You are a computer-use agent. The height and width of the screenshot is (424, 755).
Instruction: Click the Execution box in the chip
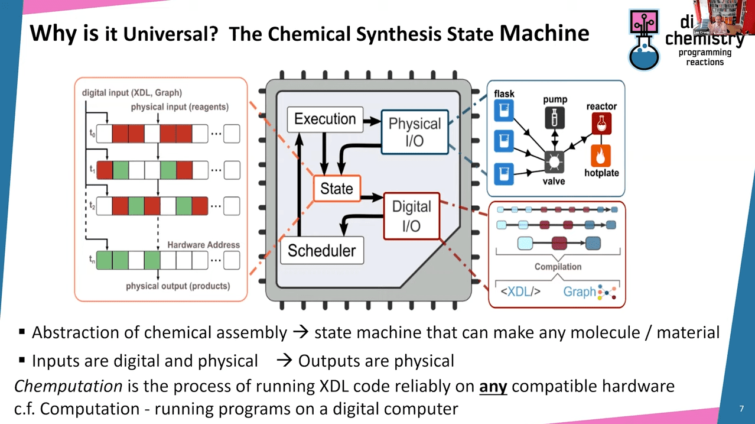[325, 119]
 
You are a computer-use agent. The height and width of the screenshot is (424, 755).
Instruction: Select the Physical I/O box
[414, 132]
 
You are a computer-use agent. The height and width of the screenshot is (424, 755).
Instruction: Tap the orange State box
[336, 189]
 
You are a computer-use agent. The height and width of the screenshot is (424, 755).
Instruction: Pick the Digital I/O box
[411, 216]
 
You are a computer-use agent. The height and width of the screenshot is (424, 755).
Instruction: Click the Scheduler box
[321, 251]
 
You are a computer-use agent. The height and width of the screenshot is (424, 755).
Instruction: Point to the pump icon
[554, 117]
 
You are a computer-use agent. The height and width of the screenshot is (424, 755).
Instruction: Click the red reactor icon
[601, 124]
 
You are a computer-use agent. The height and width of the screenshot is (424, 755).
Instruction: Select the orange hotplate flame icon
[601, 156]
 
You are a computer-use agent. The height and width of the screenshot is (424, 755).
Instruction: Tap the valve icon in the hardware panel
[554, 161]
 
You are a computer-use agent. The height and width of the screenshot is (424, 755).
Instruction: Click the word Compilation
[558, 267]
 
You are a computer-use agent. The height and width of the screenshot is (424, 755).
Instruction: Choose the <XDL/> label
[520, 292]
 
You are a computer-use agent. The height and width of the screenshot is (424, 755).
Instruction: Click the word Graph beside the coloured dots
[579, 292]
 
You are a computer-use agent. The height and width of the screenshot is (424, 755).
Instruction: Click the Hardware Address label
[203, 245]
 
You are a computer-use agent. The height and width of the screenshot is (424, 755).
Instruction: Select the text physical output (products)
[178, 286]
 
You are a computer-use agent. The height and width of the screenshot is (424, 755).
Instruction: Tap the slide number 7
[741, 409]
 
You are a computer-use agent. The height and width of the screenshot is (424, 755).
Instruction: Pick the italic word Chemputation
[68, 387]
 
